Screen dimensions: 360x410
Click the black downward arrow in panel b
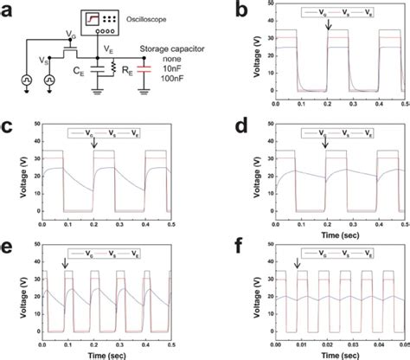click(x=328, y=29)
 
